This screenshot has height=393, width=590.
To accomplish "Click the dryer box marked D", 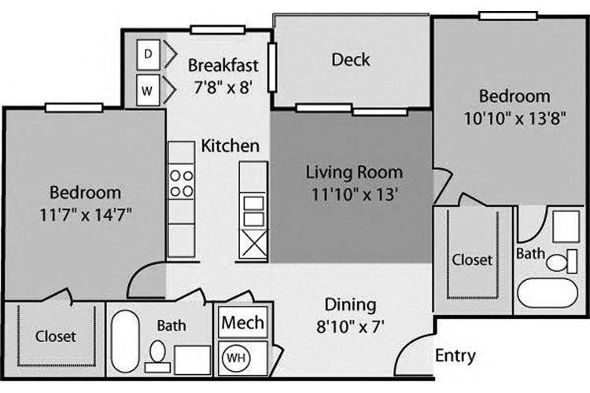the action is (148, 54).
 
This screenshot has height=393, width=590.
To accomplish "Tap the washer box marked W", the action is (148, 90).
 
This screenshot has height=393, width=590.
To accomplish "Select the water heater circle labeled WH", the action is (236, 358).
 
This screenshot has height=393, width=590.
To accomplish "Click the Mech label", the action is (243, 323).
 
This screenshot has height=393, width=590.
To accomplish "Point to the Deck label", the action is (351, 60).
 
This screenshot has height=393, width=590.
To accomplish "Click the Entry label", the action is (455, 356).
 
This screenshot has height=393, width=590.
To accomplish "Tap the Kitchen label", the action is (230, 146).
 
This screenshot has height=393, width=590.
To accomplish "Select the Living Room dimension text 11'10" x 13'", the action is (355, 195).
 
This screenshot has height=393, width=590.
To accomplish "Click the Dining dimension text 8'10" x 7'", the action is (350, 326).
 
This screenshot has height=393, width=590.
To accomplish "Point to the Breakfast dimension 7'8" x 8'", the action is (223, 87).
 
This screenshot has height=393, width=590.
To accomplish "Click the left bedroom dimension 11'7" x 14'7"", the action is (86, 215).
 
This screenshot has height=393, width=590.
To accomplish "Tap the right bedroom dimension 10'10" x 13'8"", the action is (514, 119).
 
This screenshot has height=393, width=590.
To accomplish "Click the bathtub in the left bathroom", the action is (125, 341).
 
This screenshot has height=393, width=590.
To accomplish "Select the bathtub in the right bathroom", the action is (548, 293).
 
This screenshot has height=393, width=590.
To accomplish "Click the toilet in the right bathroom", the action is (562, 262).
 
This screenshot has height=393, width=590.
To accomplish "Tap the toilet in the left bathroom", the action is (157, 357).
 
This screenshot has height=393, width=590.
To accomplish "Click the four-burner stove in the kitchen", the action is (182, 183).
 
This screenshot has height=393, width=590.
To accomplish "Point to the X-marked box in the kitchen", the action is (253, 244).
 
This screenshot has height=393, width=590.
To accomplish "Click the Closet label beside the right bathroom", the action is (472, 260).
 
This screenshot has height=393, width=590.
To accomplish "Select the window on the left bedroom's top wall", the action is (74, 108).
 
